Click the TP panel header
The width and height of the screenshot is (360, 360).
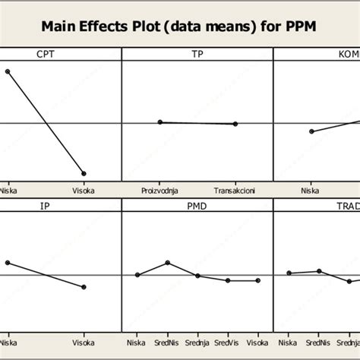point(197,54)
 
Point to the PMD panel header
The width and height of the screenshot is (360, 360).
point(197,206)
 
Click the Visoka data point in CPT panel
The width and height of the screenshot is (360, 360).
point(84,174)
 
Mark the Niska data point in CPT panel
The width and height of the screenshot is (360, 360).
point(8,71)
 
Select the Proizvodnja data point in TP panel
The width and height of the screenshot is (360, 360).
point(159,122)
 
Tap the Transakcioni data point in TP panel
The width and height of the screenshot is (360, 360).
point(235,124)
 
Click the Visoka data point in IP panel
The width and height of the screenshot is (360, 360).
point(84,287)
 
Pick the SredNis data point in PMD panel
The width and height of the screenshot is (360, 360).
point(167,263)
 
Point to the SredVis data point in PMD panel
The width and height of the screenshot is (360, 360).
point(228,280)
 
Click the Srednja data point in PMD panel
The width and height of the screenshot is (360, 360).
point(197,276)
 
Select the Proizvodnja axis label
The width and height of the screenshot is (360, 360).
point(159,191)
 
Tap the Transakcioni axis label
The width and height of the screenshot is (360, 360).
point(235,191)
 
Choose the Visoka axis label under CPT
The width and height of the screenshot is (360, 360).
point(84,191)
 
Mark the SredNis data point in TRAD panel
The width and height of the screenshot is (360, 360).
point(319,271)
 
